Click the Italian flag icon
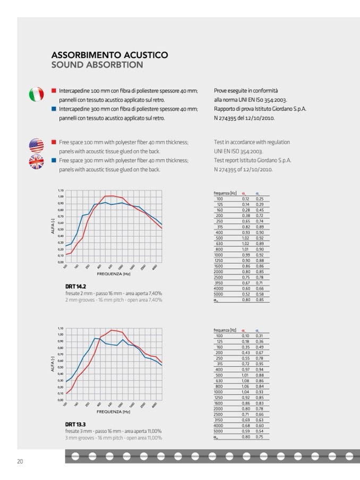click(x=36, y=95)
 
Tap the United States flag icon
click(x=36, y=145)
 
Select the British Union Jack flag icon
click(x=36, y=162)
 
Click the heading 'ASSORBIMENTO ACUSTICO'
click(x=110, y=55)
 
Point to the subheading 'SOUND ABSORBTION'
click(x=97, y=65)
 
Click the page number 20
click(x=20, y=461)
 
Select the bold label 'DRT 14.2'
click(x=75, y=286)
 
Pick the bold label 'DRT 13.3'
click(x=75, y=424)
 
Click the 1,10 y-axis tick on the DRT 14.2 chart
click(x=61, y=190)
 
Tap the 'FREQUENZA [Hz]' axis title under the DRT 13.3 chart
click(x=113, y=412)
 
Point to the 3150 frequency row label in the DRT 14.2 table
click(x=219, y=283)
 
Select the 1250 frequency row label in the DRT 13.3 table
click(x=219, y=397)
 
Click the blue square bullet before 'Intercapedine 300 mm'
click(x=54, y=109)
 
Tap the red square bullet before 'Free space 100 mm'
click(x=54, y=142)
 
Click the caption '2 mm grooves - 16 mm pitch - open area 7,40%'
click(x=114, y=300)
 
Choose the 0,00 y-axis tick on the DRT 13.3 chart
click(x=61, y=400)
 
